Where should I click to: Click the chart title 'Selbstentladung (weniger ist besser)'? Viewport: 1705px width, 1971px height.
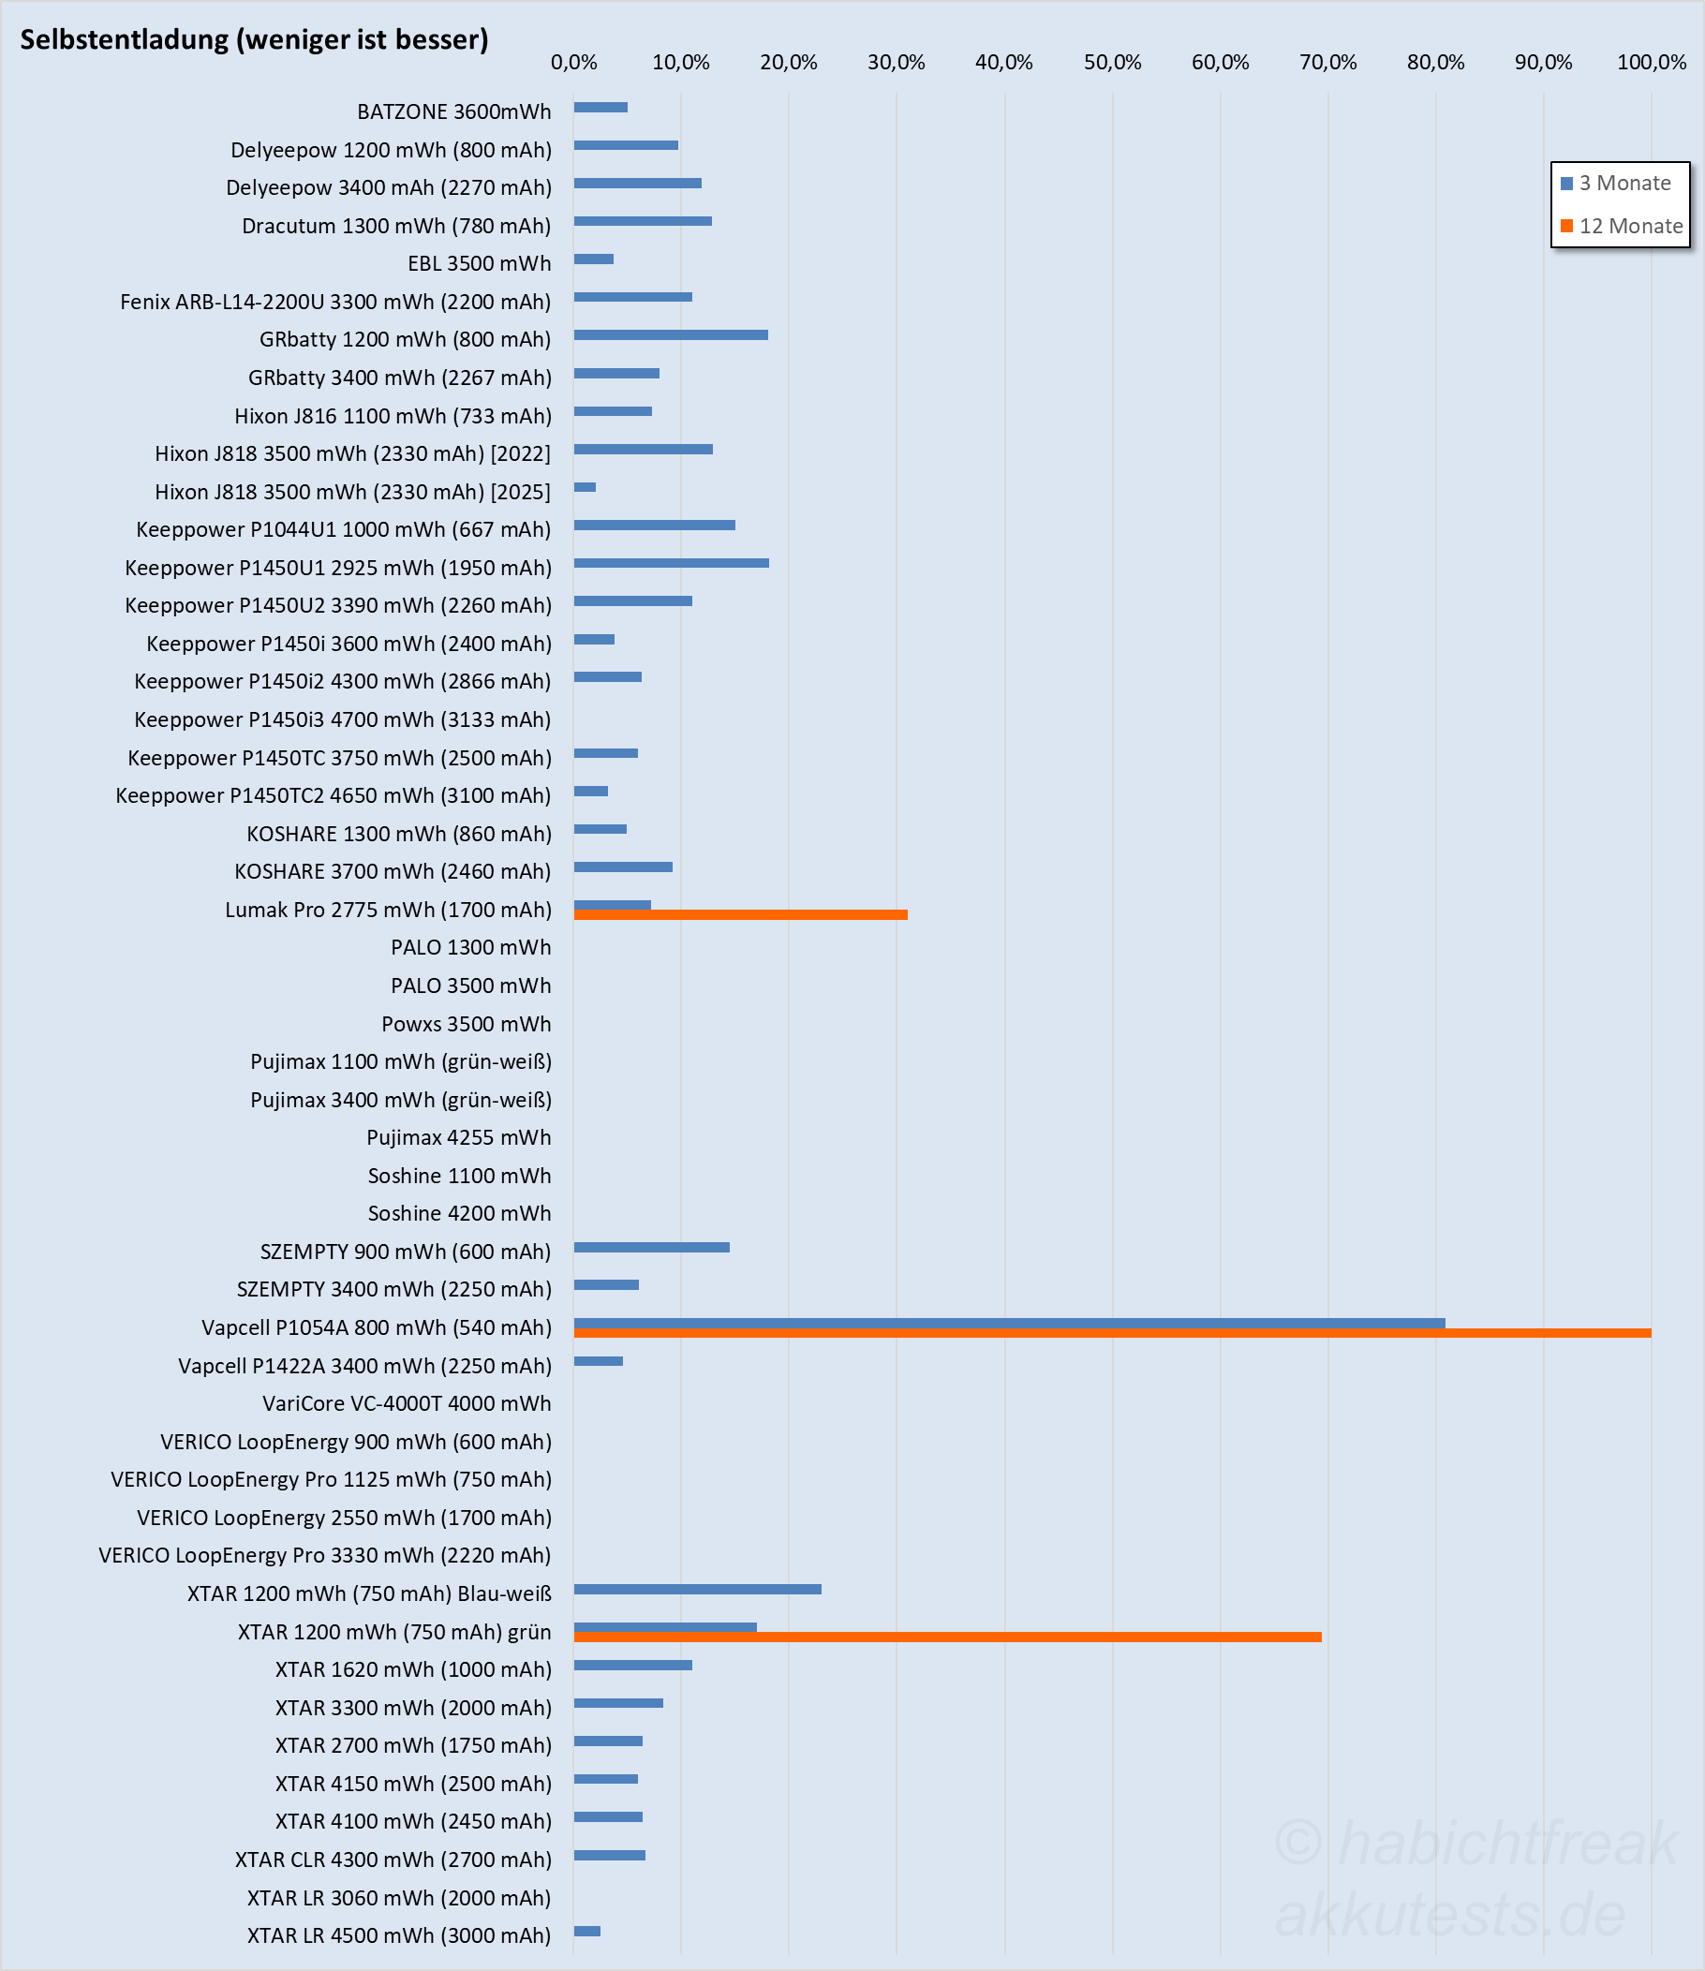pos(254,40)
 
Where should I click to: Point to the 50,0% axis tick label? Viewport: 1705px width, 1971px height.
pos(1111,63)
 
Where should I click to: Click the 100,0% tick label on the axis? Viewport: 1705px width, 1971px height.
pos(1651,63)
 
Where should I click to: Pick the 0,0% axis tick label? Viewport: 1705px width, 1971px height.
pos(573,63)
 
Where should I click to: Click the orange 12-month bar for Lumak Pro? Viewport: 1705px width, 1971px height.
pos(740,915)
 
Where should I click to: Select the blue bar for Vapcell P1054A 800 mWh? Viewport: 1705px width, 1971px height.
pos(1009,1323)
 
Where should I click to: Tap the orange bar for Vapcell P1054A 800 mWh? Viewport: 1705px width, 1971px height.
pos(1111,1334)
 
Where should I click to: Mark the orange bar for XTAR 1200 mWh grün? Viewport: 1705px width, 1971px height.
pos(947,1638)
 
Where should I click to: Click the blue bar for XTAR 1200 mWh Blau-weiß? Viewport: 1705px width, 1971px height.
pos(697,1590)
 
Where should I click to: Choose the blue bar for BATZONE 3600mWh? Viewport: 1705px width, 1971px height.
pos(600,108)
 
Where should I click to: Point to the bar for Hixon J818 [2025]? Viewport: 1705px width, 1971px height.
pos(586,487)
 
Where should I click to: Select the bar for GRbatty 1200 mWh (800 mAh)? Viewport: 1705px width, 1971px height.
pos(671,334)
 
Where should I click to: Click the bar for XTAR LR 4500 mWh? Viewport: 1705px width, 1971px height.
pos(587,1931)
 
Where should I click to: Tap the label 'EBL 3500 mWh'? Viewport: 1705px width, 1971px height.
pos(479,263)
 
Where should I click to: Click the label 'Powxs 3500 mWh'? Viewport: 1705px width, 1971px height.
pos(466,1025)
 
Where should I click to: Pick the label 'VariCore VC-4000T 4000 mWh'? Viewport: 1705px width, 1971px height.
pos(407,1404)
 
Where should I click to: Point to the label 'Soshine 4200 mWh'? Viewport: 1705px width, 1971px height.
pos(459,1214)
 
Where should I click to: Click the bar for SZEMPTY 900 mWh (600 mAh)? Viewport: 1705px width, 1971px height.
pos(652,1247)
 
